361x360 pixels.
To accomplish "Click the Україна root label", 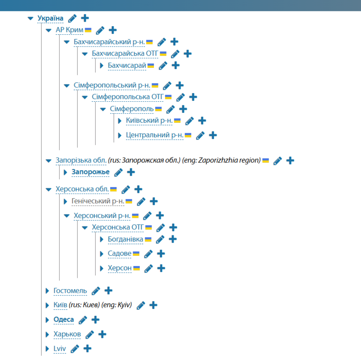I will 51,19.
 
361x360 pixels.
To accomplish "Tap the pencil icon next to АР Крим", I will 100,30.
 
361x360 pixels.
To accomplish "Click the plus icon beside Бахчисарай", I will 176,65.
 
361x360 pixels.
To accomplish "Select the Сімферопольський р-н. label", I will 112,85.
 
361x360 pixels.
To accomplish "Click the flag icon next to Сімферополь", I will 158,109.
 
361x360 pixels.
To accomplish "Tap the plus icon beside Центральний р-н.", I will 213,135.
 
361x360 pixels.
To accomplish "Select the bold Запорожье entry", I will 91,172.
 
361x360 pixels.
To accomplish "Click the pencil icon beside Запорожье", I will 118,172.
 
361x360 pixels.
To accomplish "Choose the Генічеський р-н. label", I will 98,201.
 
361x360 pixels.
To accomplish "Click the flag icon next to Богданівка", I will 148,239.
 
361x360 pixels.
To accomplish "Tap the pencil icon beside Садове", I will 148,254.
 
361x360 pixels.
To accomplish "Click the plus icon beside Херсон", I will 161,268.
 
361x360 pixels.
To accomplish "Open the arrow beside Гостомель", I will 47,290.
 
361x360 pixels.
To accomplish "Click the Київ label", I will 60,305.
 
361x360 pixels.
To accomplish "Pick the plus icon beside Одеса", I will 95,320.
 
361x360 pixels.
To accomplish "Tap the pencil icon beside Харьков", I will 89,334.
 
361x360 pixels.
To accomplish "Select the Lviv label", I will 60,349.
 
